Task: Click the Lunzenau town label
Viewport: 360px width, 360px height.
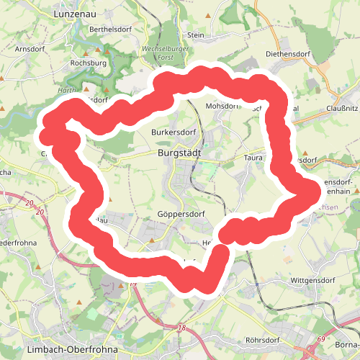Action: point(75,13)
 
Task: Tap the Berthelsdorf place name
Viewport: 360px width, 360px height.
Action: point(109,29)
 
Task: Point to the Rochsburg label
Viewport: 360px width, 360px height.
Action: point(89,63)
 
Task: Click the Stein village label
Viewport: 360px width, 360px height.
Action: point(195,35)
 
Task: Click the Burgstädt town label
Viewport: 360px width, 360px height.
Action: point(180,153)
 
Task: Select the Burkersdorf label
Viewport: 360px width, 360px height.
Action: point(174,133)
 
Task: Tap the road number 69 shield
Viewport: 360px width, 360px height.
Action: point(320,338)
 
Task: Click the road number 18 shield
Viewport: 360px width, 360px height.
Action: point(180,328)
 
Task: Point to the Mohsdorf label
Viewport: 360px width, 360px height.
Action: point(221,106)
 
